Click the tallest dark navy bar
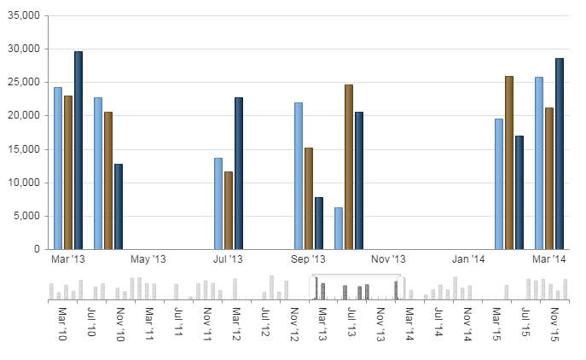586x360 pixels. [78, 150]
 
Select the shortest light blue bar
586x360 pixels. [339, 229]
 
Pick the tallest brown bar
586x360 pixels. [509, 163]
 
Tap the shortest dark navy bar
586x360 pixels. [319, 224]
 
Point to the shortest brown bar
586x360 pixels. [229, 211]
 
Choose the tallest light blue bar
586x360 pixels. [539, 163]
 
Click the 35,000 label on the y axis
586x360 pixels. [24, 15]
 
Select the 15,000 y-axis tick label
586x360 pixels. [24, 149]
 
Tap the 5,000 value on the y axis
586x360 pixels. [26, 216]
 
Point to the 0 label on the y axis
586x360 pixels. [37, 249]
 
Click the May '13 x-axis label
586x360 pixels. [148, 259]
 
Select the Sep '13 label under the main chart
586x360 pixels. [308, 259]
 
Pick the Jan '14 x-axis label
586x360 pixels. [468, 259]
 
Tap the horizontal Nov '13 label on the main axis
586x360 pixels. [388, 259]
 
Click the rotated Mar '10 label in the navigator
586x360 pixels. [62, 323]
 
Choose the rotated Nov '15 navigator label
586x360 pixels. [554, 324]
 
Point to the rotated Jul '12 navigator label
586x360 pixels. [265, 322]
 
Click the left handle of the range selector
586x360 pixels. [313, 287]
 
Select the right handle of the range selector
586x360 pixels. [400, 287]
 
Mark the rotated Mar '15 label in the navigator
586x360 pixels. [496, 323]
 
